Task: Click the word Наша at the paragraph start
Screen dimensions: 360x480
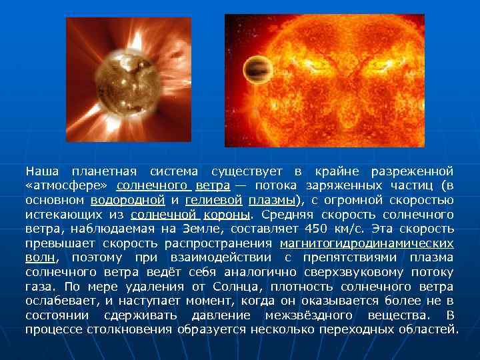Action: (x=40, y=171)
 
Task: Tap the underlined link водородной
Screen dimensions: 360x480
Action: (x=128, y=200)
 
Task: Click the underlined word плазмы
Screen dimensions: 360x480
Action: (x=273, y=200)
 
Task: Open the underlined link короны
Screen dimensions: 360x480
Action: (x=227, y=215)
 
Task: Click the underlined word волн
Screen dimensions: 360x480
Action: (x=40, y=257)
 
